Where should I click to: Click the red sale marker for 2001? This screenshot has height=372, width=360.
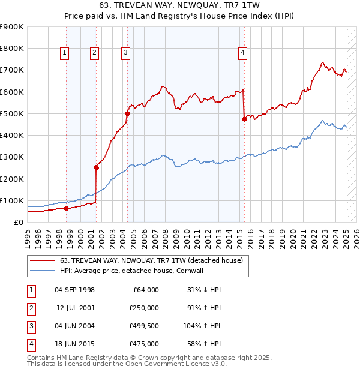[96, 168]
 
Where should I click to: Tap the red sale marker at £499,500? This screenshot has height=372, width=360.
[127, 113]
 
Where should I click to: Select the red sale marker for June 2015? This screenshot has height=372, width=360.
[244, 119]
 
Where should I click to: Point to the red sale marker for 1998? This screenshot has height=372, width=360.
[66, 208]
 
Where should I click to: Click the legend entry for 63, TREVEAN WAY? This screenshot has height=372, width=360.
[151, 260]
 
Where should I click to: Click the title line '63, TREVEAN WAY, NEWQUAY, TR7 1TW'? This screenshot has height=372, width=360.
[179, 7]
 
